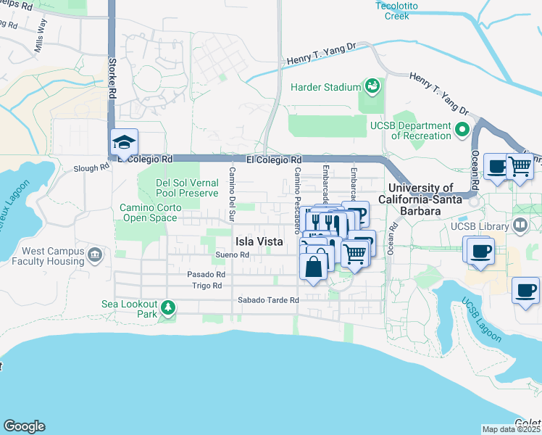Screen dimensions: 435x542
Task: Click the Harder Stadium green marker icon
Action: pos(372,87)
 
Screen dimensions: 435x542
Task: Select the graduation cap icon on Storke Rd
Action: pos(123,142)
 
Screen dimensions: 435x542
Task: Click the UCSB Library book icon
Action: pos(520,226)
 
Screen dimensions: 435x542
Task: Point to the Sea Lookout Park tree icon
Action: pos(168,309)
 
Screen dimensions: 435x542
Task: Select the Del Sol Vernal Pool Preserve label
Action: pos(187,188)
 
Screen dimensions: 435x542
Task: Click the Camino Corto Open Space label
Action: pos(149,212)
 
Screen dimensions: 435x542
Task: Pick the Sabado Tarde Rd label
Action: pos(268,300)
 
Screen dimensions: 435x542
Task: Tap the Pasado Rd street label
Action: pos(207,275)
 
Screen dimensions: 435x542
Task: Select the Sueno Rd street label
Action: pos(233,255)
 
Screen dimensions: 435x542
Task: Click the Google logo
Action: pos(24,426)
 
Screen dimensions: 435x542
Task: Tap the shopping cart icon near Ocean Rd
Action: pos(520,167)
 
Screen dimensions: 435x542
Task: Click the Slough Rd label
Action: pos(91,167)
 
